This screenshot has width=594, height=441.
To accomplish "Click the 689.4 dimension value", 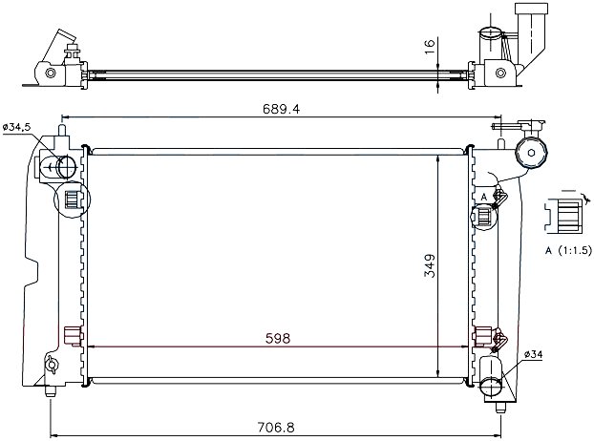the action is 281,110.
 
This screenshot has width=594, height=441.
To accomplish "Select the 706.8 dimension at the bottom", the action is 276,428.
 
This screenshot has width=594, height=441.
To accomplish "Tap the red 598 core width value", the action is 278,339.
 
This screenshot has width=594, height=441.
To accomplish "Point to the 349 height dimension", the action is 430,265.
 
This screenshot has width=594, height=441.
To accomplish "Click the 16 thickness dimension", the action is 430,47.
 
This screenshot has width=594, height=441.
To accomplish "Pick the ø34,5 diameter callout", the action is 16,128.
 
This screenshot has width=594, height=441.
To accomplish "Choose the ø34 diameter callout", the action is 534,354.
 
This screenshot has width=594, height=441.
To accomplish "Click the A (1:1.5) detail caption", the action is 568,250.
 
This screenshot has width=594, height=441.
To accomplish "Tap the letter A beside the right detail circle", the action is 484,197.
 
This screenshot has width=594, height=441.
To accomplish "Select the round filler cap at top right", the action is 532,153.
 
